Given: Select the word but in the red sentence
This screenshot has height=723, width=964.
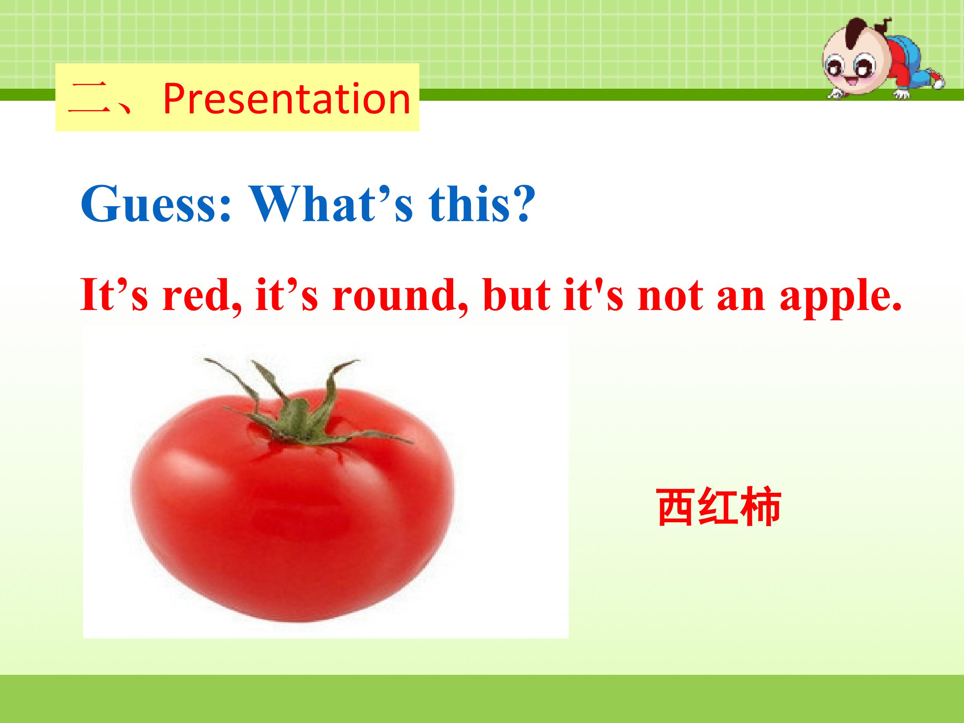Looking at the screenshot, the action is click(520, 295).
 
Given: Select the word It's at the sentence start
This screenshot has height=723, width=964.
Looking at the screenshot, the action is click(114, 295).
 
